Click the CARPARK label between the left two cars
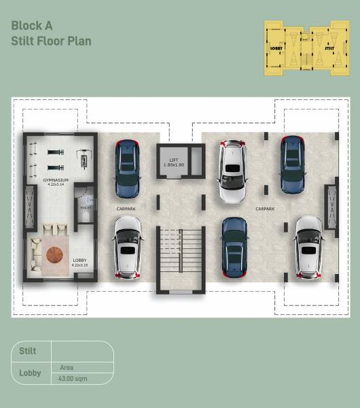[x=127, y=208]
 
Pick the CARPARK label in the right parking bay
[x=264, y=209]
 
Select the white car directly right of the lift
[x=231, y=171]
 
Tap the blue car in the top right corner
[x=292, y=165]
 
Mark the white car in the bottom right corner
[x=308, y=247]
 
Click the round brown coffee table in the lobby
[x=54, y=256]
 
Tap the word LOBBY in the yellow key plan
[x=276, y=49]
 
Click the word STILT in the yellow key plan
[x=329, y=49]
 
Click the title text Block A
[x=33, y=27]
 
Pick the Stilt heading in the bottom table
[x=26, y=352]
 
